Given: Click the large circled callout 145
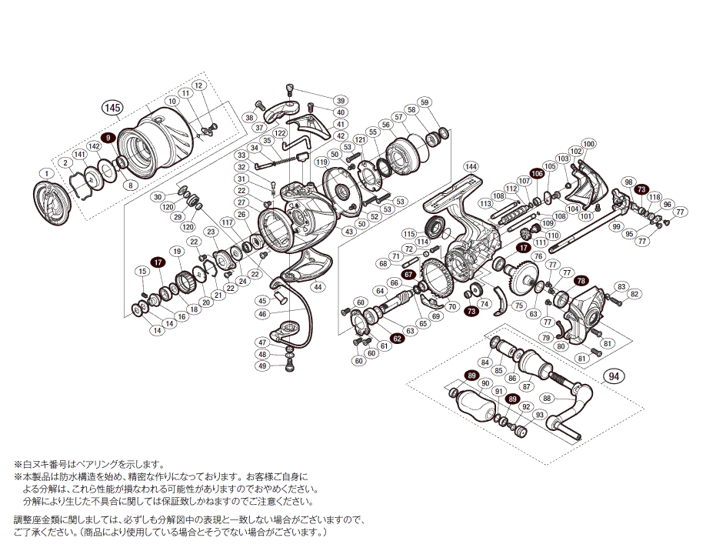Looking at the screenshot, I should click(113, 108).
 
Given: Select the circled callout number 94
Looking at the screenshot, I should click(613, 376).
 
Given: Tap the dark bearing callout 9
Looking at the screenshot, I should click(109, 137).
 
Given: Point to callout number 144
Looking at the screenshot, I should click(471, 166).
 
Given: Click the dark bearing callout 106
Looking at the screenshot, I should click(536, 174).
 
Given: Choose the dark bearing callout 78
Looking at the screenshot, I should click(580, 281).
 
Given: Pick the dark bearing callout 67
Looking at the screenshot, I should click(408, 274).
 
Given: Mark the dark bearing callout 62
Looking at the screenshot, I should click(398, 337).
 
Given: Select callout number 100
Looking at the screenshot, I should click(589, 144).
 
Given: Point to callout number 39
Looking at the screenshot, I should click(341, 101).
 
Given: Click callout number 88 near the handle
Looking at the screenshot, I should click(547, 398).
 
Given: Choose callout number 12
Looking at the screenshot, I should click(198, 85).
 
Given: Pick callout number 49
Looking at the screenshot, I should click(263, 366).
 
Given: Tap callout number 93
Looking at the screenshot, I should click(539, 415).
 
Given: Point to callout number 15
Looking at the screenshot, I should click(142, 271).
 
